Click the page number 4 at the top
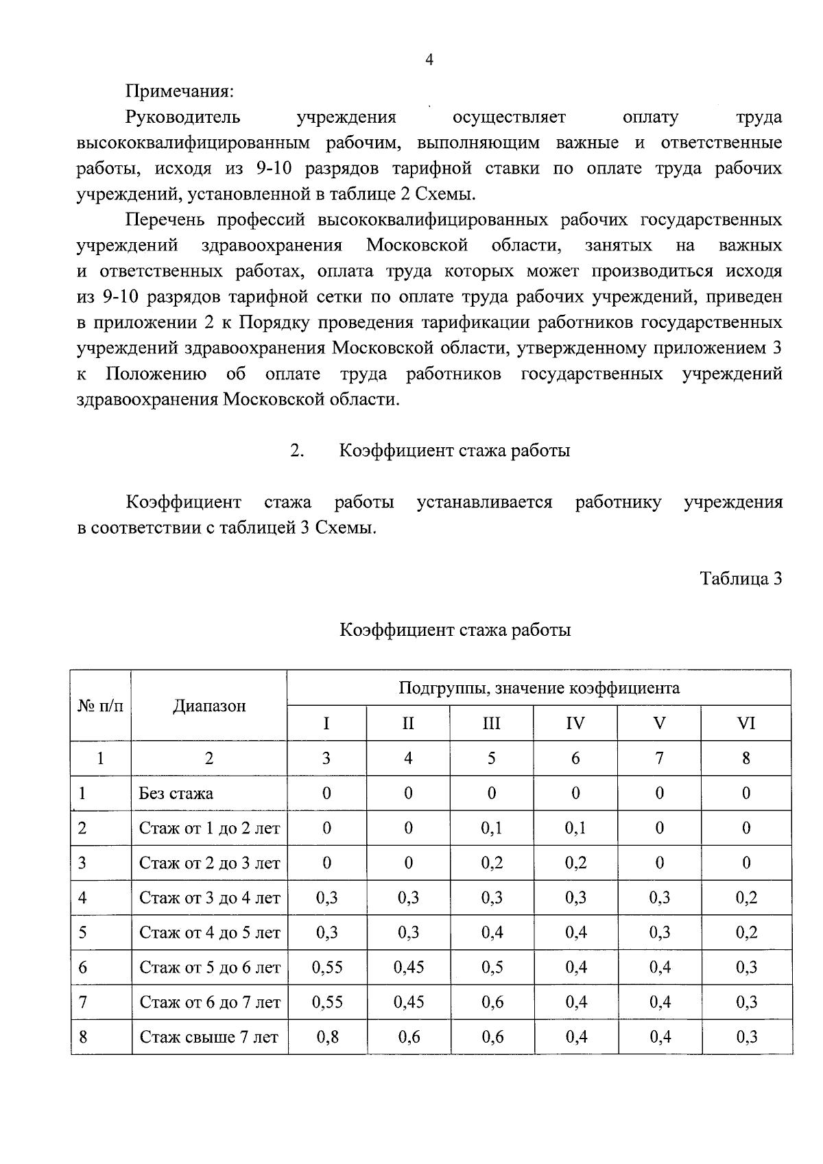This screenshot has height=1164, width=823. (x=429, y=60)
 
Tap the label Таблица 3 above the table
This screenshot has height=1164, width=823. (x=741, y=578)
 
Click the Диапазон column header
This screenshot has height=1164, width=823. (x=209, y=706)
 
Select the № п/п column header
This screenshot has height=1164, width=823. (x=101, y=706)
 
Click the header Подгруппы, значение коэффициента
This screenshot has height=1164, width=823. (x=539, y=687)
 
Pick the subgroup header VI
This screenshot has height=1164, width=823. (x=746, y=723)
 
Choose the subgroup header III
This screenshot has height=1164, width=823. (x=491, y=723)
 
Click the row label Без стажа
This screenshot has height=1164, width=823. (x=176, y=794)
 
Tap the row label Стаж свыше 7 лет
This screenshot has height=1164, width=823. (x=209, y=1037)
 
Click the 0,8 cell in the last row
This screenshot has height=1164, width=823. (x=327, y=1037)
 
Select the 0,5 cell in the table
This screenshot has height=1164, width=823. (x=492, y=967)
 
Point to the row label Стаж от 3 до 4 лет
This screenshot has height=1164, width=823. (x=209, y=897)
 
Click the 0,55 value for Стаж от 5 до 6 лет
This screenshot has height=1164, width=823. (x=327, y=967)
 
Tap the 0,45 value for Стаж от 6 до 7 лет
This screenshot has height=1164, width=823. (x=408, y=1002)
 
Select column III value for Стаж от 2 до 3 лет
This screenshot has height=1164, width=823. (x=492, y=863)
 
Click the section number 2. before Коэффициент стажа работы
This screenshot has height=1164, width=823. (x=296, y=451)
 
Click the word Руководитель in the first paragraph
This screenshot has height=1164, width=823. (x=183, y=117)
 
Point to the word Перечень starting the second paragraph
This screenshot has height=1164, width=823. (x=165, y=220)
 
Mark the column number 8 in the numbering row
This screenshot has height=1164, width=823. (x=746, y=758)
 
